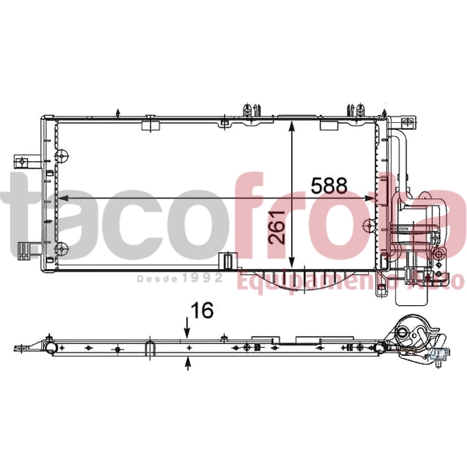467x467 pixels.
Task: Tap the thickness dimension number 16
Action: (201, 310)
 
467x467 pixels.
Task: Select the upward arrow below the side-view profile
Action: (188, 360)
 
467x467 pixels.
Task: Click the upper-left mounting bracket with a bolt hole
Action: (24, 162)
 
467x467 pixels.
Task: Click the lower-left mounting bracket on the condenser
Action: (26, 250)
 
